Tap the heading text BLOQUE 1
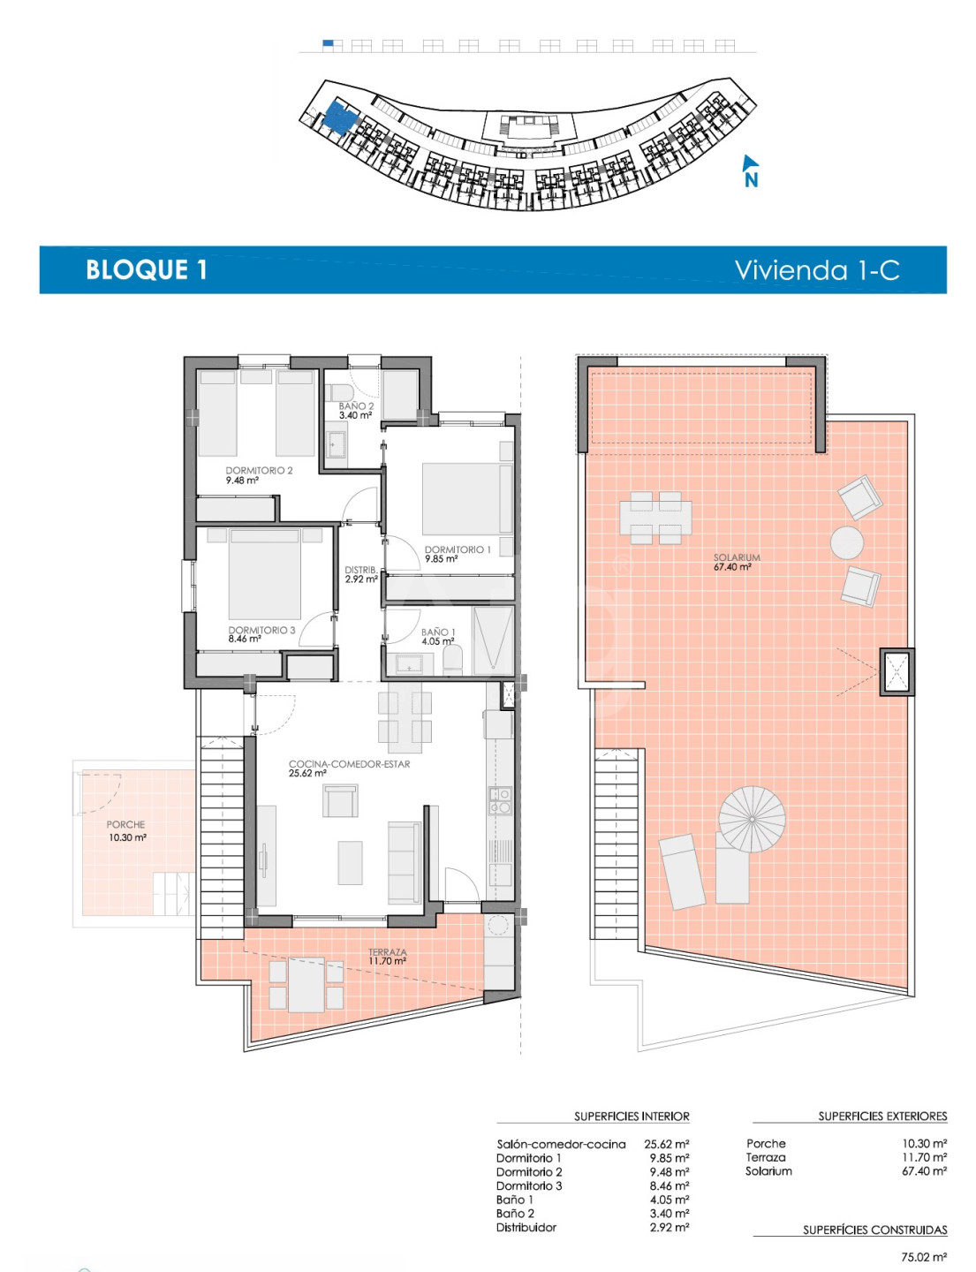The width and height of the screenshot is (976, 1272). click(147, 269)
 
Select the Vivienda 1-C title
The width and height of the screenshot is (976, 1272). click(817, 269)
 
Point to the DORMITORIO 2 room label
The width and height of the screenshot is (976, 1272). click(259, 470)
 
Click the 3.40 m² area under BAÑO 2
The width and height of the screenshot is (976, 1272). click(355, 416)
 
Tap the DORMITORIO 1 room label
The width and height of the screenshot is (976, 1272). click(458, 549)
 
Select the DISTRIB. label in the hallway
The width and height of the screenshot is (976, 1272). click(360, 570)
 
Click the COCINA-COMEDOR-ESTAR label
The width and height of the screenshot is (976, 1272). click(349, 764)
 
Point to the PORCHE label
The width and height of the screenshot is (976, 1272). click(125, 825)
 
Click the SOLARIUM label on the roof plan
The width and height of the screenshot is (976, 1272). click(736, 558)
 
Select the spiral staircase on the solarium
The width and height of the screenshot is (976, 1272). click(752, 819)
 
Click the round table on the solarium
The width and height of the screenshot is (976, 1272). click(846, 542)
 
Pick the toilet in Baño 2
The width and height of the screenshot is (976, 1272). click(337, 391)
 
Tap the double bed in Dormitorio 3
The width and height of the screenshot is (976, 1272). click(264, 573)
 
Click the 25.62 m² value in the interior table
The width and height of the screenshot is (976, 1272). click(667, 1144)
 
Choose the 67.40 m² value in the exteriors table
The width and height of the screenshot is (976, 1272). click(924, 1170)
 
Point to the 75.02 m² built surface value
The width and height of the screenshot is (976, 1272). click(924, 1257)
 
